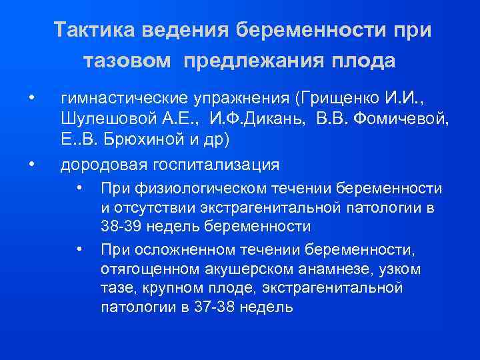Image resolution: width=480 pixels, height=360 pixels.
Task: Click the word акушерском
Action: click(256, 269)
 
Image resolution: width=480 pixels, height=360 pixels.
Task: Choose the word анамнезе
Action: click(339, 269)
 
